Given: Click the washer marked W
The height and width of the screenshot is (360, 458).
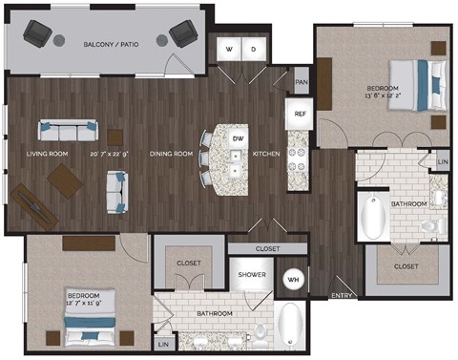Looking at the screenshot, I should point(230,49).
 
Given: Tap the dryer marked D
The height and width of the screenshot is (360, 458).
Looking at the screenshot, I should point(254,49).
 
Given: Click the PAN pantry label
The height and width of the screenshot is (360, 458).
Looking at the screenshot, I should point(302,83).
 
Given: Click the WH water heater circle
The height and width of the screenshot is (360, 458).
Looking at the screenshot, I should point(294,279).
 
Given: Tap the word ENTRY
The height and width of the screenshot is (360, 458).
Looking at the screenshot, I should point(341,296).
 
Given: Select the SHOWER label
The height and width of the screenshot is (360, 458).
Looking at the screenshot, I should point(251,274).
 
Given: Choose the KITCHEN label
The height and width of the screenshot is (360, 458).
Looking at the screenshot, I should point(266,153).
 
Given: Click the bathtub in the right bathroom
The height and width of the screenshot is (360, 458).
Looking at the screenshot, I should point(372,219).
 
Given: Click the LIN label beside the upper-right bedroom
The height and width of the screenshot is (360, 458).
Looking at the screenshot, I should point(442,163).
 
